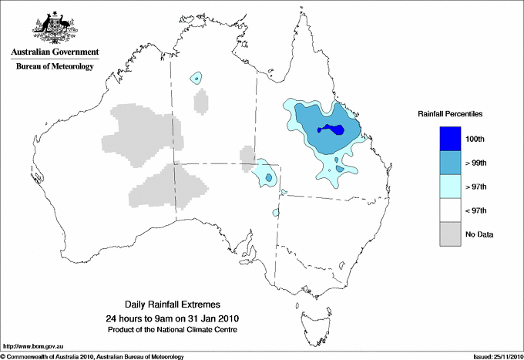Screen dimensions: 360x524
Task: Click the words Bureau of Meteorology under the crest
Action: [55, 67]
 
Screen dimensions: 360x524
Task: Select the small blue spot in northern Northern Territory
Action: [197, 78]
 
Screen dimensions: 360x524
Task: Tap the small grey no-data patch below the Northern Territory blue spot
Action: [201, 101]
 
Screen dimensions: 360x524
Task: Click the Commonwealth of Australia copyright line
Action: [92, 356]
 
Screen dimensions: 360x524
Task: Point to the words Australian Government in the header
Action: [55, 52]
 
